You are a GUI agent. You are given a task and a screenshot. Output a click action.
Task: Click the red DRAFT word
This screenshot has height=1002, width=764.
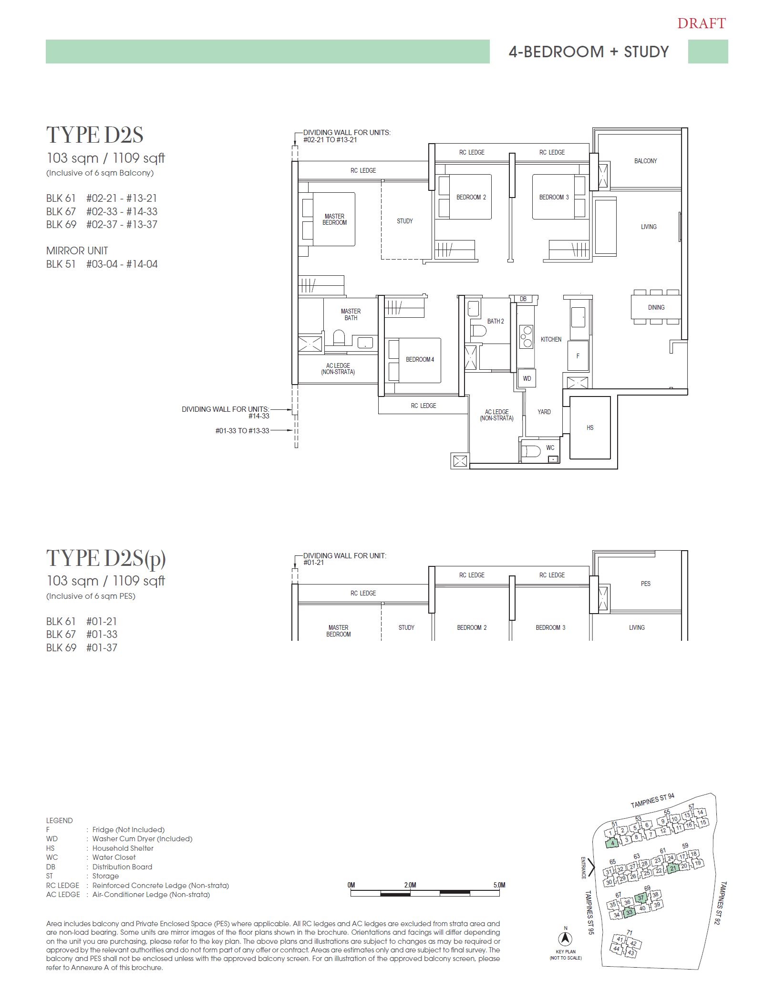click(x=701, y=23)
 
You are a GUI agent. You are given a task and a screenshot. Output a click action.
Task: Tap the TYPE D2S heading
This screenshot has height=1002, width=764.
click(x=94, y=135)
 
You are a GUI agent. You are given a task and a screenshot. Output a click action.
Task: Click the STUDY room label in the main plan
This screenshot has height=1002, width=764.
click(x=404, y=221)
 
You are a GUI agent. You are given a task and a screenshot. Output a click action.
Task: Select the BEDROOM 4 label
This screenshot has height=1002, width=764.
click(x=420, y=359)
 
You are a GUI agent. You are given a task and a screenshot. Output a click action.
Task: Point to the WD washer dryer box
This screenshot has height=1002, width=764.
click(x=527, y=378)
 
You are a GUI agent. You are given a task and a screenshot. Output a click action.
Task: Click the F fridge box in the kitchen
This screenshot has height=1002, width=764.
click(x=578, y=356)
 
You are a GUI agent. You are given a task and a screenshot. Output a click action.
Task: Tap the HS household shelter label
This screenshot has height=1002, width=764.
click(x=590, y=428)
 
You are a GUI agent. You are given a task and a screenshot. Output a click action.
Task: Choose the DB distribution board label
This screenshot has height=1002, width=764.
click(x=523, y=299)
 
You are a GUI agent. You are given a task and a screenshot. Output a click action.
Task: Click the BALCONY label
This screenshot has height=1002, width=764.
click(x=645, y=161)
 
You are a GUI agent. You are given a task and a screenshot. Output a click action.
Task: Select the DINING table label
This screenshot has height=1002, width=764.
click(x=656, y=307)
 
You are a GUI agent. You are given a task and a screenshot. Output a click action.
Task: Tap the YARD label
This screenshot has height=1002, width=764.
click(x=544, y=412)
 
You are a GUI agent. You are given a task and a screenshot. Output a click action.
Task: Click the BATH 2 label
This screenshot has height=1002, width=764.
click(x=495, y=321)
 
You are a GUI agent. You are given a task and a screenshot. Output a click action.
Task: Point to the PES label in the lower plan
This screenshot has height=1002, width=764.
click(x=645, y=584)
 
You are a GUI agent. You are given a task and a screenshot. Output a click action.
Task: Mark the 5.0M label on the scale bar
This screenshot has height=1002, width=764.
click(x=499, y=885)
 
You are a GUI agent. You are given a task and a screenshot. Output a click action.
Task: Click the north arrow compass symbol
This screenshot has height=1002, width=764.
click(x=565, y=939)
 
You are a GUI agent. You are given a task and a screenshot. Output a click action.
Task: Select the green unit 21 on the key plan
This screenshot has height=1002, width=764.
click(x=672, y=868)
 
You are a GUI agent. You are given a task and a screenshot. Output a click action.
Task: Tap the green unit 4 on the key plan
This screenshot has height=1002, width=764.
click(x=612, y=843)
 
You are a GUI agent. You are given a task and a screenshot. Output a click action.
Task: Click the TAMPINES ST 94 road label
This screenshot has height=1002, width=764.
click(x=652, y=801)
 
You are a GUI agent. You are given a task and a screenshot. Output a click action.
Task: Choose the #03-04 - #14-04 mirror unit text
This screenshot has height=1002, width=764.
click(x=122, y=264)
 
